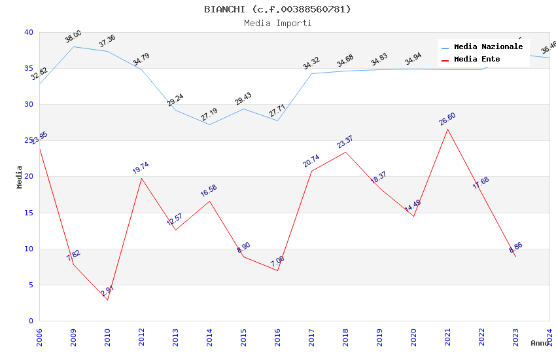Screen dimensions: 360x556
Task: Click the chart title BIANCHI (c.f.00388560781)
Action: [x=277, y=9]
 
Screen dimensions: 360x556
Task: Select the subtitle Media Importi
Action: [x=277, y=24]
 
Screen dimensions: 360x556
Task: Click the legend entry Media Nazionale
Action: [x=488, y=47]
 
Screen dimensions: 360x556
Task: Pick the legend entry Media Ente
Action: [x=477, y=60]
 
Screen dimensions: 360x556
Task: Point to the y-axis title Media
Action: [x=20, y=177]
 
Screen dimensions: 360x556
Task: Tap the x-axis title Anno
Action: [x=540, y=343]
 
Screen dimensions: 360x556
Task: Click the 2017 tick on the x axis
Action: [x=311, y=338]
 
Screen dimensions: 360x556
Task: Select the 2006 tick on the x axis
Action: [x=39, y=338]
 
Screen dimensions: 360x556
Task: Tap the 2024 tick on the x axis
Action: [x=549, y=338]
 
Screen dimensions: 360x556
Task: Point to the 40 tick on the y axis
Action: [x=28, y=32]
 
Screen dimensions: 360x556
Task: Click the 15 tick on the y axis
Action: [x=28, y=213]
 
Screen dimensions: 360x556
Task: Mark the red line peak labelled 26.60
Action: [x=447, y=129]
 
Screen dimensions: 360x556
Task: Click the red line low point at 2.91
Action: [x=107, y=300]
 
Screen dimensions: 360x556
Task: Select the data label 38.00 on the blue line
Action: [x=73, y=37]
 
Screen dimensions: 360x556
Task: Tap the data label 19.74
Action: [x=141, y=168]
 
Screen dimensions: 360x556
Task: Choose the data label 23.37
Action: [x=345, y=142]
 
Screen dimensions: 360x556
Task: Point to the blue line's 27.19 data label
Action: [x=209, y=115]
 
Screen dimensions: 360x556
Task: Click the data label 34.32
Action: [x=311, y=63]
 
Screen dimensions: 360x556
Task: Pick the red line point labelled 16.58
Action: [x=209, y=201]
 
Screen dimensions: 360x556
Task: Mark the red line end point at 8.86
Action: [x=515, y=257]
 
